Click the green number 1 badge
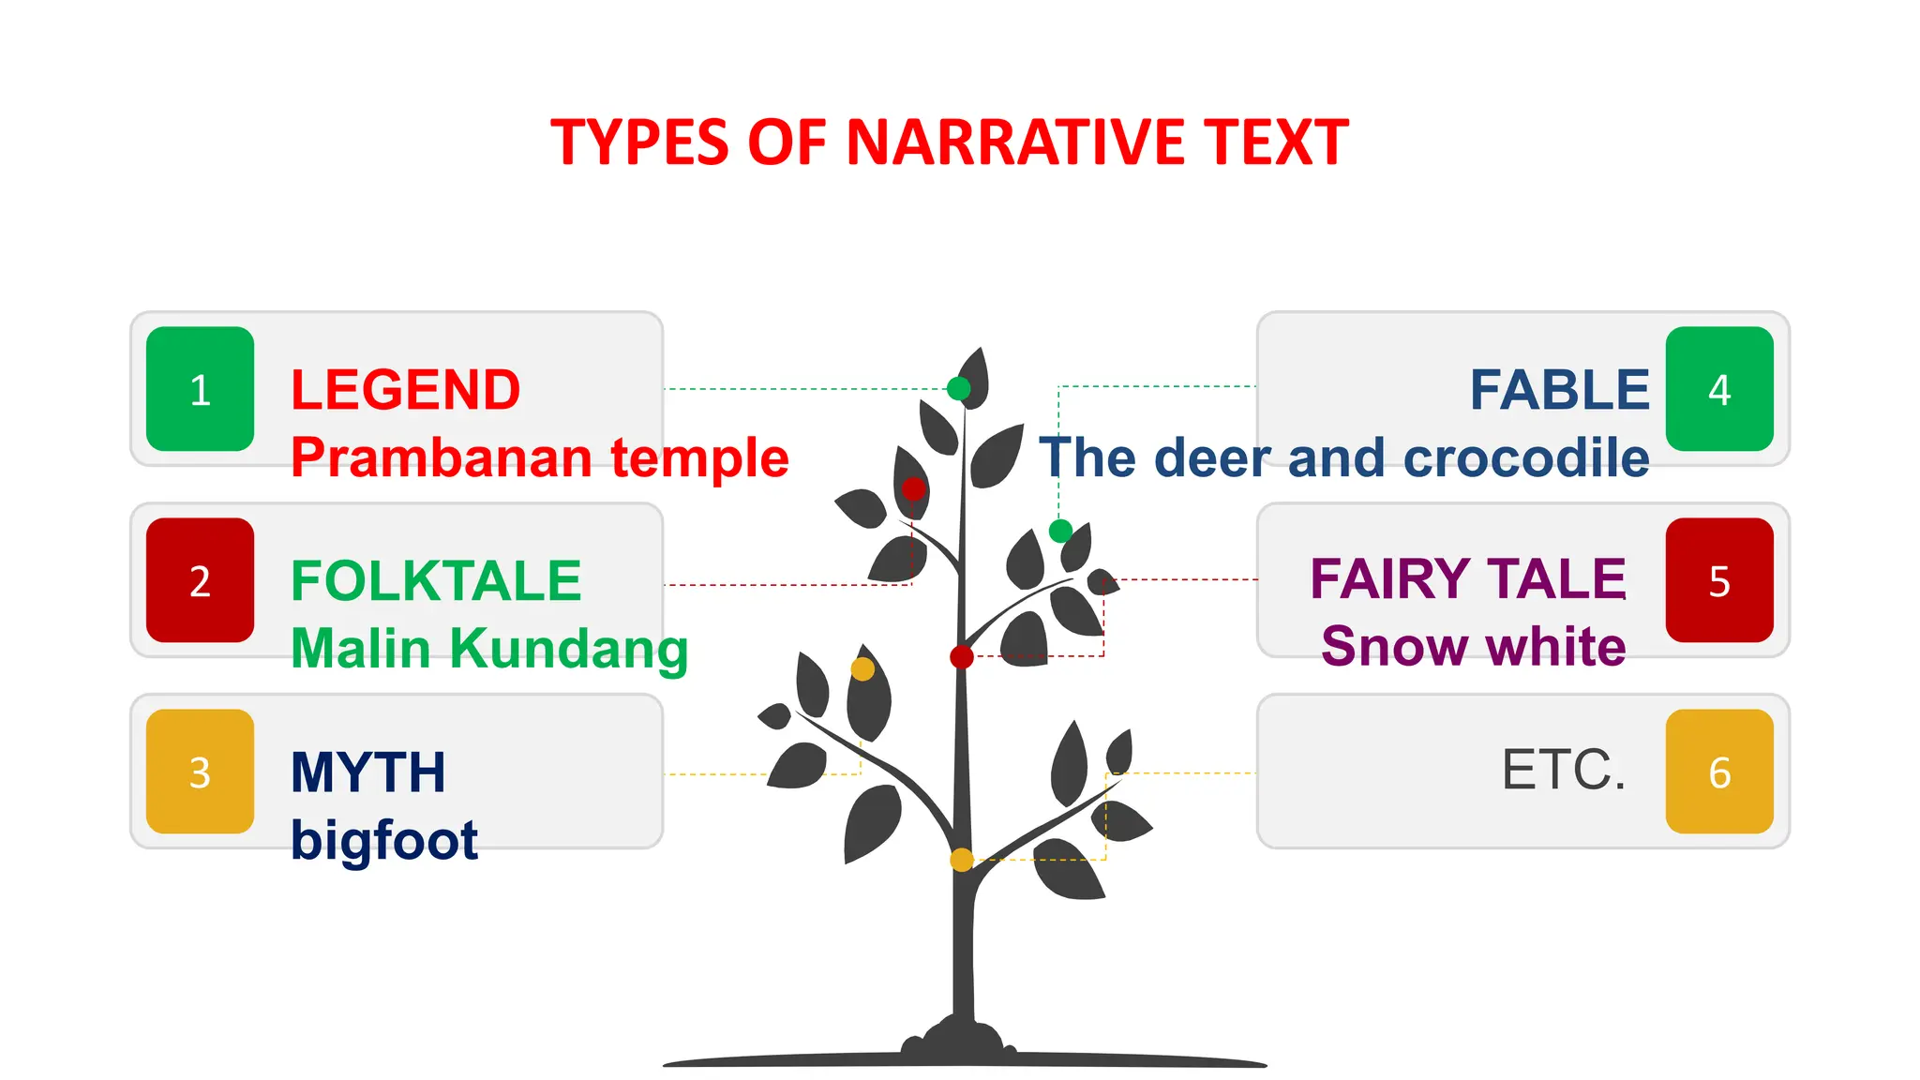[x=200, y=389]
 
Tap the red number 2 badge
[x=200, y=580]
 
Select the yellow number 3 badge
[x=200, y=772]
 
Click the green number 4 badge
[x=1718, y=389]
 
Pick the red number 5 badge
[x=1718, y=580]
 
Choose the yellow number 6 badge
[x=1718, y=772]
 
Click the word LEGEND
[x=405, y=390]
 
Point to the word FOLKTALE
[x=436, y=581]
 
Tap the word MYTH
[x=367, y=772]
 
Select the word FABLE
[x=1559, y=390]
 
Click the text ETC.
[x=1563, y=770]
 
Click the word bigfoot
[x=384, y=840]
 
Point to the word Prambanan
[x=442, y=457]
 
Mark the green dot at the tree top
[x=958, y=388]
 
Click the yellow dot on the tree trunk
[x=962, y=860]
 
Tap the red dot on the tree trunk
[x=962, y=656]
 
